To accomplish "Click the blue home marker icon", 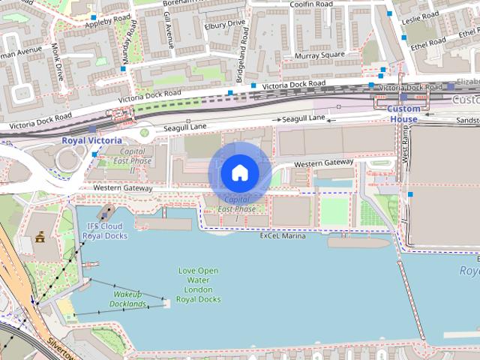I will point(239,172).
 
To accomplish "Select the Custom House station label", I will point(403,114).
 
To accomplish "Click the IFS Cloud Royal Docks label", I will point(105,231).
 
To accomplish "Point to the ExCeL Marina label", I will point(283,235).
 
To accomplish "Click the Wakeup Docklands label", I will point(127,299).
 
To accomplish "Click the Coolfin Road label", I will point(310,4).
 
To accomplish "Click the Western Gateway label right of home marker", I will point(323,163).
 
